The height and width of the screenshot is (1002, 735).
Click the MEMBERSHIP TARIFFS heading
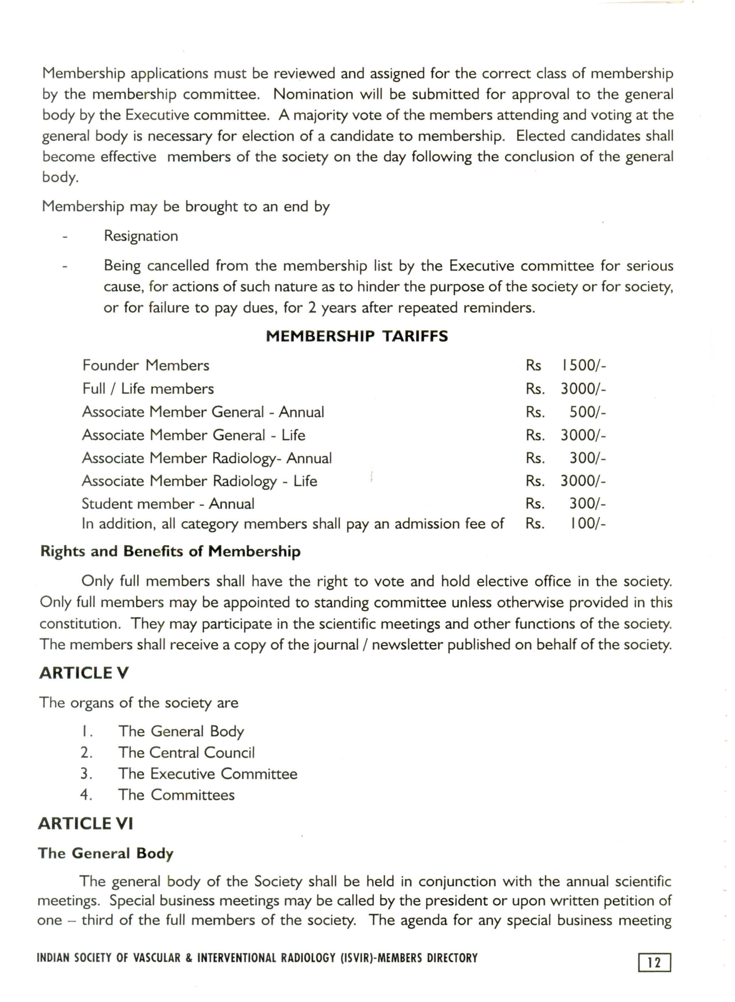point(357,336)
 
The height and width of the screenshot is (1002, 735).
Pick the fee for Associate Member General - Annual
point(587,412)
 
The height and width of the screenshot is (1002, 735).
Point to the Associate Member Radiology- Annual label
point(207,458)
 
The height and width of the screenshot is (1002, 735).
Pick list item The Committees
point(176,795)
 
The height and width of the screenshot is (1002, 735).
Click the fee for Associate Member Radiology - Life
point(583,481)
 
